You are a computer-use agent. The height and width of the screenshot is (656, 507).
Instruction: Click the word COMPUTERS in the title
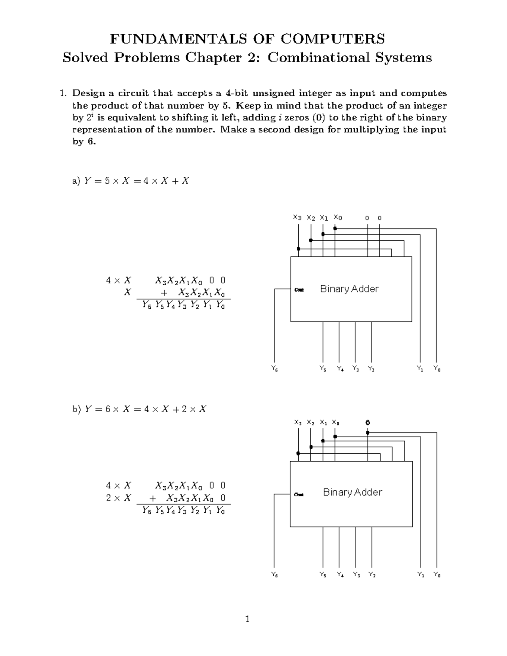(333, 39)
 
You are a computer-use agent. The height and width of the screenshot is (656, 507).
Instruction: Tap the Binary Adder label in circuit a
(349, 289)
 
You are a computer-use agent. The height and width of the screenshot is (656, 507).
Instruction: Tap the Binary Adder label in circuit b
(352, 492)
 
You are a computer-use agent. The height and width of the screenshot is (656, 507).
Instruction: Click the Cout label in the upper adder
(299, 290)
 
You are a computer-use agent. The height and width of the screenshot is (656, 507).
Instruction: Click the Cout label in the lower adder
(299, 494)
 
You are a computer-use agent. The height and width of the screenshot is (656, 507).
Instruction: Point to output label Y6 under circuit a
(275, 369)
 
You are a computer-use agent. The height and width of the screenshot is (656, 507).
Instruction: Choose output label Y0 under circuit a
(437, 369)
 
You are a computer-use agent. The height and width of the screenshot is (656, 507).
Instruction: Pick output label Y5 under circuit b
(323, 574)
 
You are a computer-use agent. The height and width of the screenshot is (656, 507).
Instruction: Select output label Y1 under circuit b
(421, 574)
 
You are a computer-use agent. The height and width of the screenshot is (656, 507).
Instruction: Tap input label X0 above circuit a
(338, 218)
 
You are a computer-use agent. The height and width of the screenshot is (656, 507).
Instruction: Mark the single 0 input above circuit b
(368, 422)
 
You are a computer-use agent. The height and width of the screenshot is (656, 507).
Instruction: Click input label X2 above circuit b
(311, 422)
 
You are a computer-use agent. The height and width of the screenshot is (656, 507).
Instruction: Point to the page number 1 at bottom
(248, 620)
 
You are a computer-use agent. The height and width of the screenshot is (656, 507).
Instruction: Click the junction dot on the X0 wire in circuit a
(335, 229)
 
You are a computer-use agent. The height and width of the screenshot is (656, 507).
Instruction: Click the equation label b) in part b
(76, 409)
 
